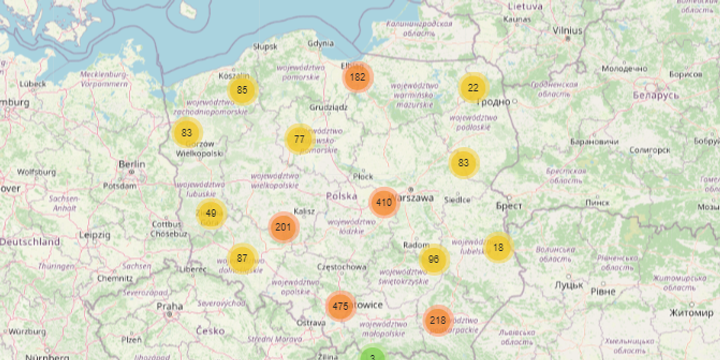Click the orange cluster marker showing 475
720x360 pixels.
[340, 306]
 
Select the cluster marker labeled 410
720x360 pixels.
[384, 202]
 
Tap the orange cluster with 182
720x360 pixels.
[358, 77]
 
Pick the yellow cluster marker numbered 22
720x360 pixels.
[473, 88]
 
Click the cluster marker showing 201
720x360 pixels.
[283, 227]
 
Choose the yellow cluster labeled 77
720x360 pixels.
[299, 140]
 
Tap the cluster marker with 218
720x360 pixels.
[438, 320]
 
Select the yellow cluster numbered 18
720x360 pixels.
[498, 247]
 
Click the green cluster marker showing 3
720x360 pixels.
[373, 356]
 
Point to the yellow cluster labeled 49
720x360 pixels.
[211, 213]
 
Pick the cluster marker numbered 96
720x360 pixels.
[434, 260]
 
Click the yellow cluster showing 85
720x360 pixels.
[242, 91]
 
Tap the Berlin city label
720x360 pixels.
[132, 164]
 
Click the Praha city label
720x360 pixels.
[169, 306]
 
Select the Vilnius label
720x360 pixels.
[568, 29]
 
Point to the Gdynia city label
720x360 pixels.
[320, 43]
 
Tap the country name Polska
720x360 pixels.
[341, 196]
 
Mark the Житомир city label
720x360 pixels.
[691, 313]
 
